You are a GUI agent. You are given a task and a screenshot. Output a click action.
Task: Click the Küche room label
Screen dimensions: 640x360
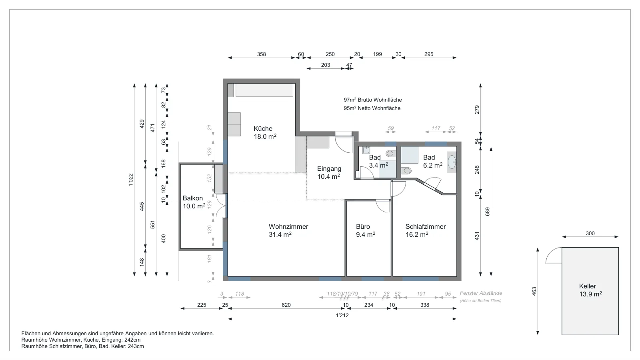pyautogui.click(x=263, y=128)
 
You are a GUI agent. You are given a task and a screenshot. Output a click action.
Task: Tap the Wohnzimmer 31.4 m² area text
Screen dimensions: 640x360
pyautogui.click(x=280, y=234)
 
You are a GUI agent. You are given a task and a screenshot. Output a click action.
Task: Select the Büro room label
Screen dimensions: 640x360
pyautogui.click(x=363, y=226)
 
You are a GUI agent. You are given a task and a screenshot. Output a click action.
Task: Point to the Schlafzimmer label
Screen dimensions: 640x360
pyautogui.click(x=426, y=226)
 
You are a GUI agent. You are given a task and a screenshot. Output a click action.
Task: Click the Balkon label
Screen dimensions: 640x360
pyautogui.click(x=192, y=198)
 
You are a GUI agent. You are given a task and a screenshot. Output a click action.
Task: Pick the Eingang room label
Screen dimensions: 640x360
pyautogui.click(x=329, y=168)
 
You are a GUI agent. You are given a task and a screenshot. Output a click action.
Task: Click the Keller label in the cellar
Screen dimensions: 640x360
pyautogui.click(x=588, y=286)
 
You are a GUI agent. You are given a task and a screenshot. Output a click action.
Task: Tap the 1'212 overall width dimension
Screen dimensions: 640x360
pyautogui.click(x=342, y=316)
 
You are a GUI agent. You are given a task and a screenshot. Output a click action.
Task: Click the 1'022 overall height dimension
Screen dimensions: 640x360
pyautogui.click(x=130, y=180)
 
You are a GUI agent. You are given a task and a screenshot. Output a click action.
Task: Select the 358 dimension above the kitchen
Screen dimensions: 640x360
pyautogui.click(x=261, y=54)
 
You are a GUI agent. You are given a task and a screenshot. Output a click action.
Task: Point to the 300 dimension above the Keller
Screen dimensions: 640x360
pyautogui.click(x=590, y=234)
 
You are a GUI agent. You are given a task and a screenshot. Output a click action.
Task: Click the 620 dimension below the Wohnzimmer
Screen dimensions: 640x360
pyautogui.click(x=286, y=305)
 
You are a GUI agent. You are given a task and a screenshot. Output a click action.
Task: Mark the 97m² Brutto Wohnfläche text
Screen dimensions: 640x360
pyautogui.click(x=372, y=100)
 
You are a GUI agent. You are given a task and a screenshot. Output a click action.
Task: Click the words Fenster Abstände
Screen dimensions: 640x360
pyautogui.click(x=481, y=293)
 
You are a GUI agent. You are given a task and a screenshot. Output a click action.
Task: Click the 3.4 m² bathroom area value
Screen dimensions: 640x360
pyautogui.click(x=378, y=166)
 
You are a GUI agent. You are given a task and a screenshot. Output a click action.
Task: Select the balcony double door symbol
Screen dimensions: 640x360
pyautogui.click(x=222, y=206)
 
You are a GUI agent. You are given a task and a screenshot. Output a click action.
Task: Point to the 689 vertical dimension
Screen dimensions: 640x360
pyautogui.click(x=488, y=212)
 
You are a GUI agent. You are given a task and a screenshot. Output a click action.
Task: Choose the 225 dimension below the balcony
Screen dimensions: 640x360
pyautogui.click(x=202, y=305)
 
